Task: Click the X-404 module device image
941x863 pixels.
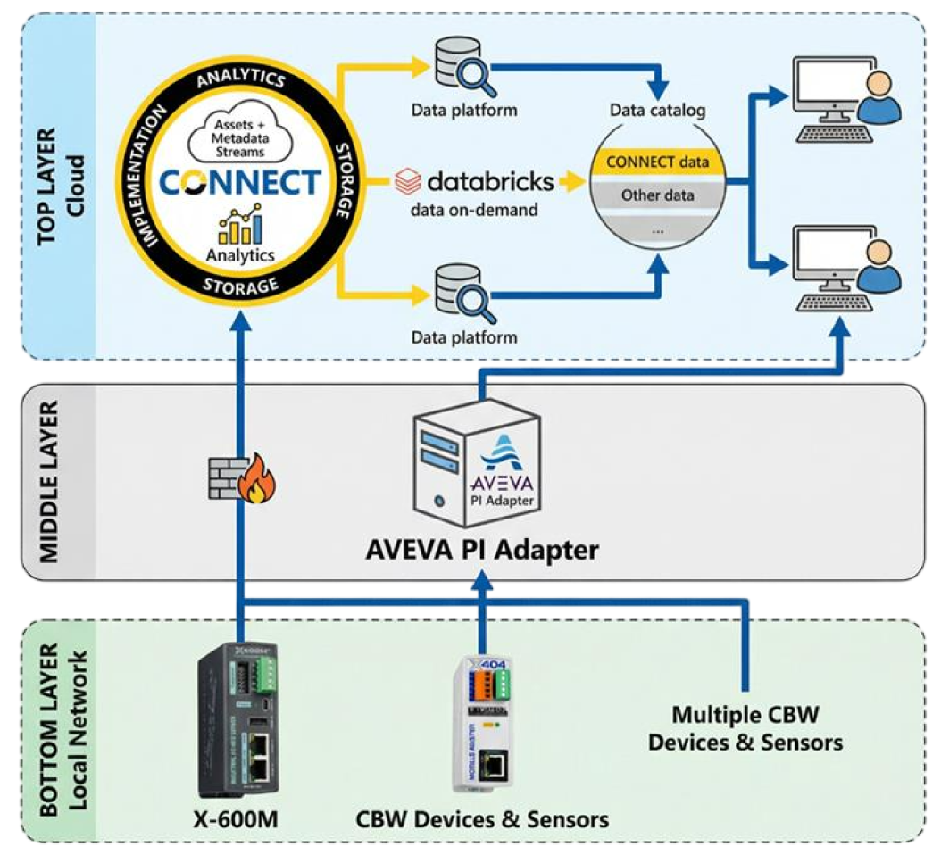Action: pyautogui.click(x=483, y=723)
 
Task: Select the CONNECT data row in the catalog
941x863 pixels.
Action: pyautogui.click(x=658, y=162)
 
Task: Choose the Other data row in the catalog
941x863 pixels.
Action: pyautogui.click(x=658, y=195)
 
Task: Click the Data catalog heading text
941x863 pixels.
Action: pyautogui.click(x=658, y=111)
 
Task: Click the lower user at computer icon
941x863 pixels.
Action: pyautogui.click(x=845, y=265)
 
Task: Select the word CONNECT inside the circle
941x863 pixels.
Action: pyautogui.click(x=239, y=182)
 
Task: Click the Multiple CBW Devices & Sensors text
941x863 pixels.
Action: pyautogui.click(x=745, y=728)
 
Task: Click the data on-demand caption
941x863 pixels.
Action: pyautogui.click(x=474, y=211)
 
